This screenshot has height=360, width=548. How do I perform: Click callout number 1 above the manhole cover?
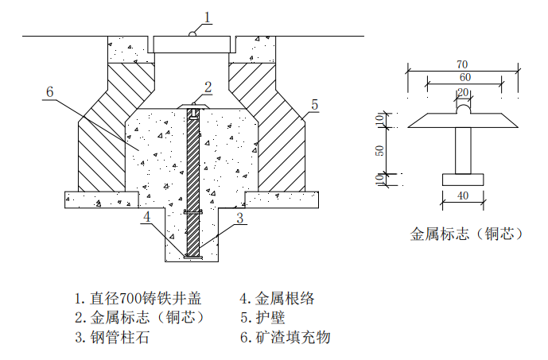[x=208, y=16]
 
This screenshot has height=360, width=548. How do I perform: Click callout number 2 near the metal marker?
[x=208, y=87]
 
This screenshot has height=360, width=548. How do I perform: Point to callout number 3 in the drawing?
[x=239, y=215]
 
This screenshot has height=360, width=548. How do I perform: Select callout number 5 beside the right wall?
[x=314, y=104]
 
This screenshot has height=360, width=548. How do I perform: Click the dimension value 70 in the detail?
[x=462, y=64]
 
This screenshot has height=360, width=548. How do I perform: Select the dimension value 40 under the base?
[x=462, y=196]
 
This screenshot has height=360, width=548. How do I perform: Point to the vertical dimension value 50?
[x=380, y=149]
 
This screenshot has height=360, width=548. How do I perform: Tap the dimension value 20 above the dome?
[x=462, y=93]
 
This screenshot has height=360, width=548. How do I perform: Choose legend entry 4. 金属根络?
[x=278, y=299]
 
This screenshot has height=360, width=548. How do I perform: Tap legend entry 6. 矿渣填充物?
[x=285, y=337]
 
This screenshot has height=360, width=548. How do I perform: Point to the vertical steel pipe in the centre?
[x=192, y=183]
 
